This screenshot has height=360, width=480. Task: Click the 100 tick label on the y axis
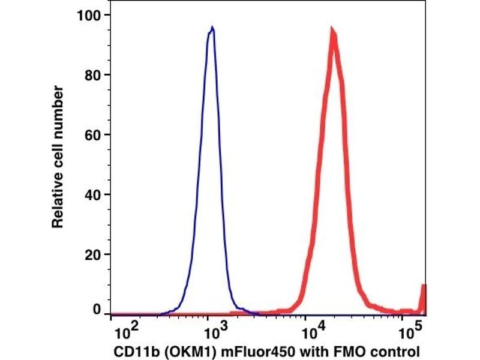88,14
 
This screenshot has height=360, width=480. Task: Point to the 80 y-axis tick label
92,74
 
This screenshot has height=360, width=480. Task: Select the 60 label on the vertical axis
92,134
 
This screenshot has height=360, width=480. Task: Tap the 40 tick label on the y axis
92,194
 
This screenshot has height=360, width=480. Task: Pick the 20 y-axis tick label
92,254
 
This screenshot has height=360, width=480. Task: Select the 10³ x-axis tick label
212,329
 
